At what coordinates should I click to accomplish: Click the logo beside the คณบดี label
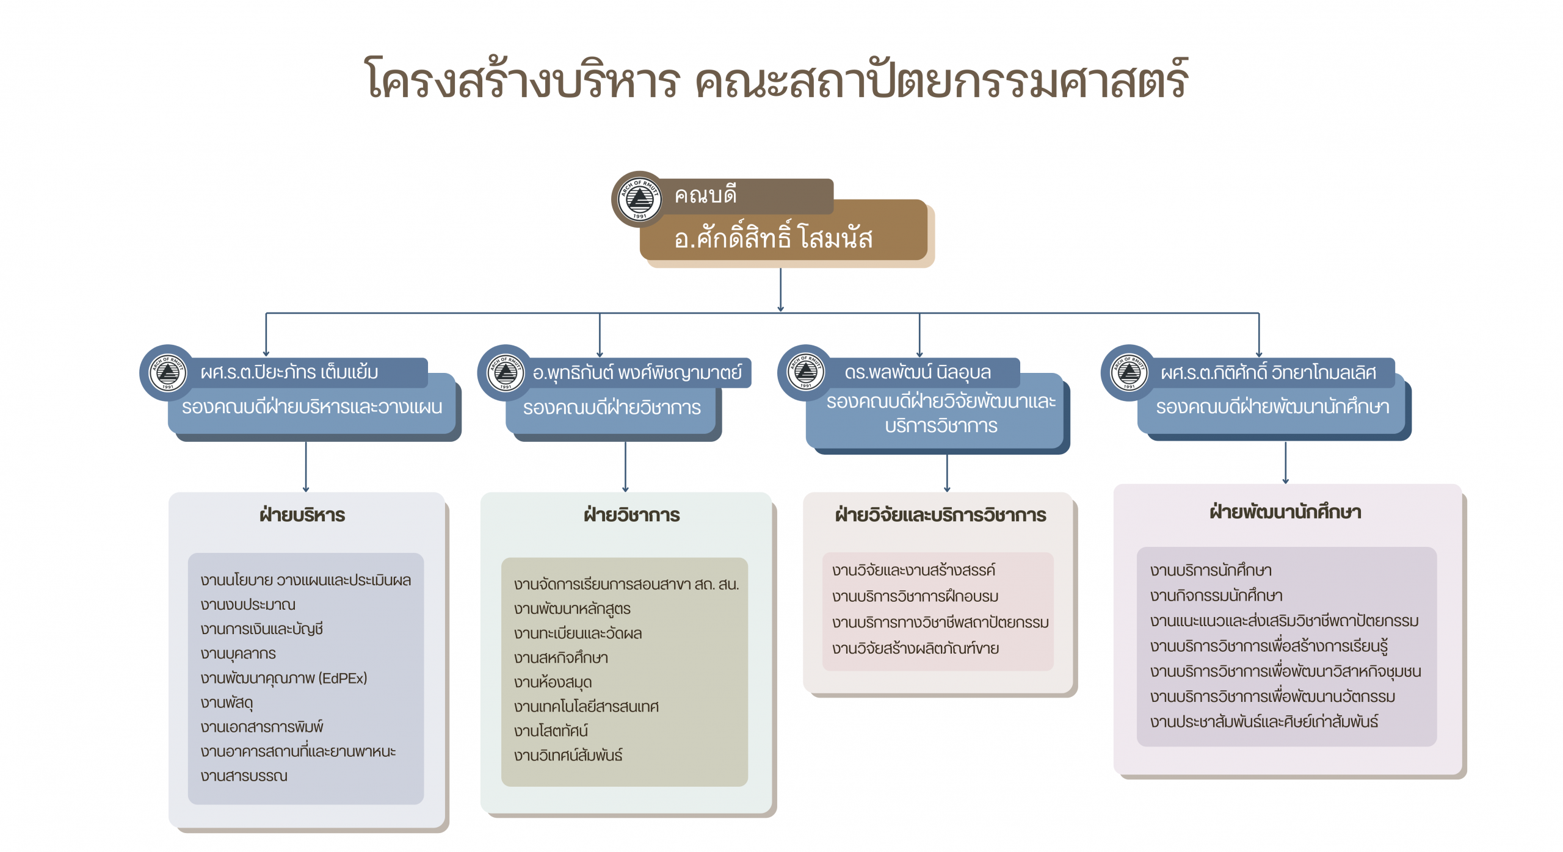(639, 199)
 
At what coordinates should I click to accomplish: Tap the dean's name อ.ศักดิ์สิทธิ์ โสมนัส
(774, 237)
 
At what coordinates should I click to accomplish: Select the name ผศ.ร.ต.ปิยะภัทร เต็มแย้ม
(289, 372)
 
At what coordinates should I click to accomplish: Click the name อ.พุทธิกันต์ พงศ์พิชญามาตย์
(637, 372)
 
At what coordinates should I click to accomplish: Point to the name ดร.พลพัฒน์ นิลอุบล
(917, 372)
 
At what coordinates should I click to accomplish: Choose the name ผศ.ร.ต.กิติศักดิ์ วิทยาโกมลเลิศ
(1268, 372)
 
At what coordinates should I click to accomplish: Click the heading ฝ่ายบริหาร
(302, 515)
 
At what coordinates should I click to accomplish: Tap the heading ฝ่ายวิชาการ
(631, 515)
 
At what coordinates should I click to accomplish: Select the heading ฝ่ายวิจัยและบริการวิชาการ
(940, 515)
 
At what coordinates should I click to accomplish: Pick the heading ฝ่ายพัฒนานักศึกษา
(1285, 512)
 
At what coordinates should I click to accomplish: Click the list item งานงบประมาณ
(248, 605)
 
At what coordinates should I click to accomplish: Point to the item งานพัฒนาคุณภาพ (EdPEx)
(284, 678)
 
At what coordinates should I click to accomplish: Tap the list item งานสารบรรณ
(244, 776)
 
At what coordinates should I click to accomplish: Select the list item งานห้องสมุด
(553, 682)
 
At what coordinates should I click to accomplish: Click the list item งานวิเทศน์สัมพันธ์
(568, 756)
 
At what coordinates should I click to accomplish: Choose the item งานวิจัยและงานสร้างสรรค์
(913, 571)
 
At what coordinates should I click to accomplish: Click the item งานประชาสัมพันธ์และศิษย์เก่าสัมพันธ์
(1264, 722)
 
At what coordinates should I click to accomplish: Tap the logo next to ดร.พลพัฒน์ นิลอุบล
(806, 372)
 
